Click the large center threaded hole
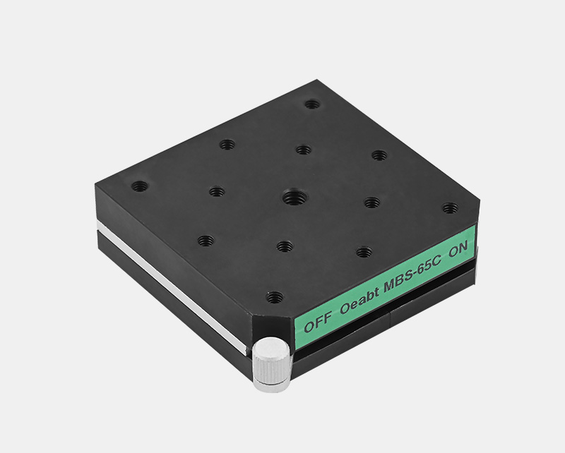(x=295, y=197)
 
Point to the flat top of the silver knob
(x=271, y=347)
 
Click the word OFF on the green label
(x=317, y=322)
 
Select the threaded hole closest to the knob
(x=275, y=297)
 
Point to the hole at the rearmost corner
(x=312, y=104)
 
